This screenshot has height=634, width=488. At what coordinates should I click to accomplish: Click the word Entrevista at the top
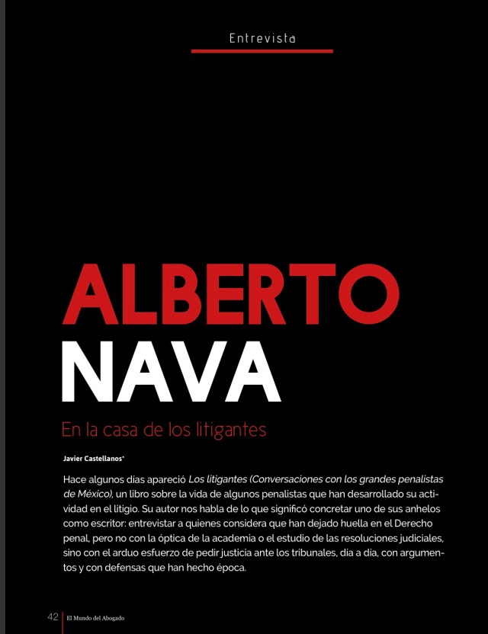(x=262, y=37)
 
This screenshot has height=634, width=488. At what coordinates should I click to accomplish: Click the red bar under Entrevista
(x=262, y=51)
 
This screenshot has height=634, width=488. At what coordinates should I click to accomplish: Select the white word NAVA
(x=171, y=372)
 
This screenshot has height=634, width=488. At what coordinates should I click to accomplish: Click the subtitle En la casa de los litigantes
(x=164, y=430)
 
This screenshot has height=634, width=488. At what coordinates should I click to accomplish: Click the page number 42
(x=53, y=616)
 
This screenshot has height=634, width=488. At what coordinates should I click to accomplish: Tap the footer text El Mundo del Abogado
(x=95, y=617)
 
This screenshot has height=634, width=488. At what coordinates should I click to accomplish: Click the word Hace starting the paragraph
(x=75, y=479)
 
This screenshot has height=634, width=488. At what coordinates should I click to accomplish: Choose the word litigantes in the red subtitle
(x=231, y=430)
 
